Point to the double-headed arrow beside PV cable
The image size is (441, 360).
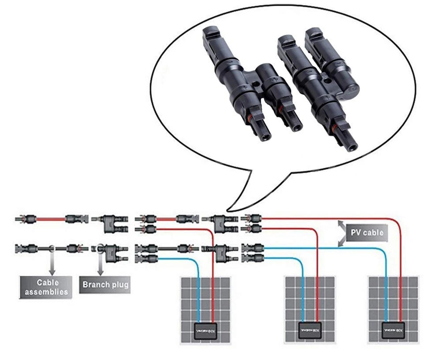click(341, 233)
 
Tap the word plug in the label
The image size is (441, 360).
click(119, 285)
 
